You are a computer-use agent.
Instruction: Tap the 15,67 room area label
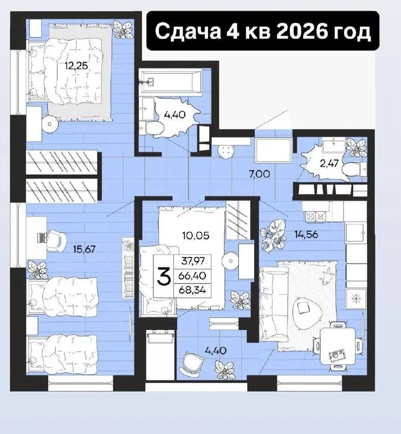[x=84, y=249]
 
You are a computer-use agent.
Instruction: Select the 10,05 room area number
[x=196, y=235]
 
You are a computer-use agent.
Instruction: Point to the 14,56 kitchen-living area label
[x=306, y=234]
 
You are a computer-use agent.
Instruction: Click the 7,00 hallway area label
[x=259, y=174]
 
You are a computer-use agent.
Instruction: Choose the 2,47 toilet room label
[x=329, y=163]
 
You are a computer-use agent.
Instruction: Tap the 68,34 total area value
[x=192, y=290]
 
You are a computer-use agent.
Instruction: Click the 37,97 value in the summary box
[x=193, y=260]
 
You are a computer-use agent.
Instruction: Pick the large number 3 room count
[x=164, y=276]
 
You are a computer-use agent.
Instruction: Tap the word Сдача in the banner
[x=188, y=31]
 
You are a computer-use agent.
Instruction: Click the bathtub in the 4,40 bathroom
[x=171, y=82]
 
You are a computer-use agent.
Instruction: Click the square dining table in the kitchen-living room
[x=338, y=346]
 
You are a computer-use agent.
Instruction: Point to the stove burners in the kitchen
[x=315, y=216]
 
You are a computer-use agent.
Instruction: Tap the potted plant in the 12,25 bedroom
[x=122, y=29]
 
